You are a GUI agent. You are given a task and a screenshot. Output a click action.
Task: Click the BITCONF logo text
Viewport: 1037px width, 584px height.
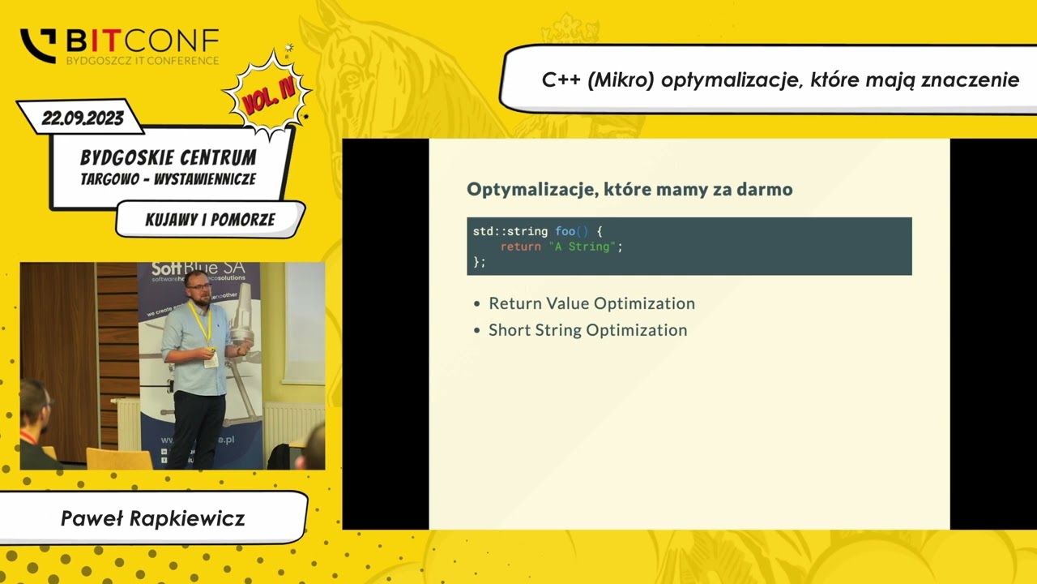pos(142,41)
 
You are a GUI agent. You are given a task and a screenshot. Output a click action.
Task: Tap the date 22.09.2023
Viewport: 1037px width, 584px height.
pos(83,118)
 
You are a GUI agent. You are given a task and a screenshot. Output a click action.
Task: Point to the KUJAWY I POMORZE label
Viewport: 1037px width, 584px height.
pos(210,220)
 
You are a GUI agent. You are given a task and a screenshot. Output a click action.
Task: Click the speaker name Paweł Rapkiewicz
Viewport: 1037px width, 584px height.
pos(152,518)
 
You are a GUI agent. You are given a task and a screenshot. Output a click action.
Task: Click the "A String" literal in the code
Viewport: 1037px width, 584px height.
pos(583,247)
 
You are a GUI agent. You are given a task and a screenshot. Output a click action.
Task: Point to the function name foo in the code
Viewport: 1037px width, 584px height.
pos(565,232)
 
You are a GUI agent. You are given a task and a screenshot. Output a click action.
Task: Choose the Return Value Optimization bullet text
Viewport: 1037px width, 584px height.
pos(591,303)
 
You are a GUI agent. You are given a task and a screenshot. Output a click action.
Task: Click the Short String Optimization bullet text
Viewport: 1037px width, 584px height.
pos(587,330)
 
